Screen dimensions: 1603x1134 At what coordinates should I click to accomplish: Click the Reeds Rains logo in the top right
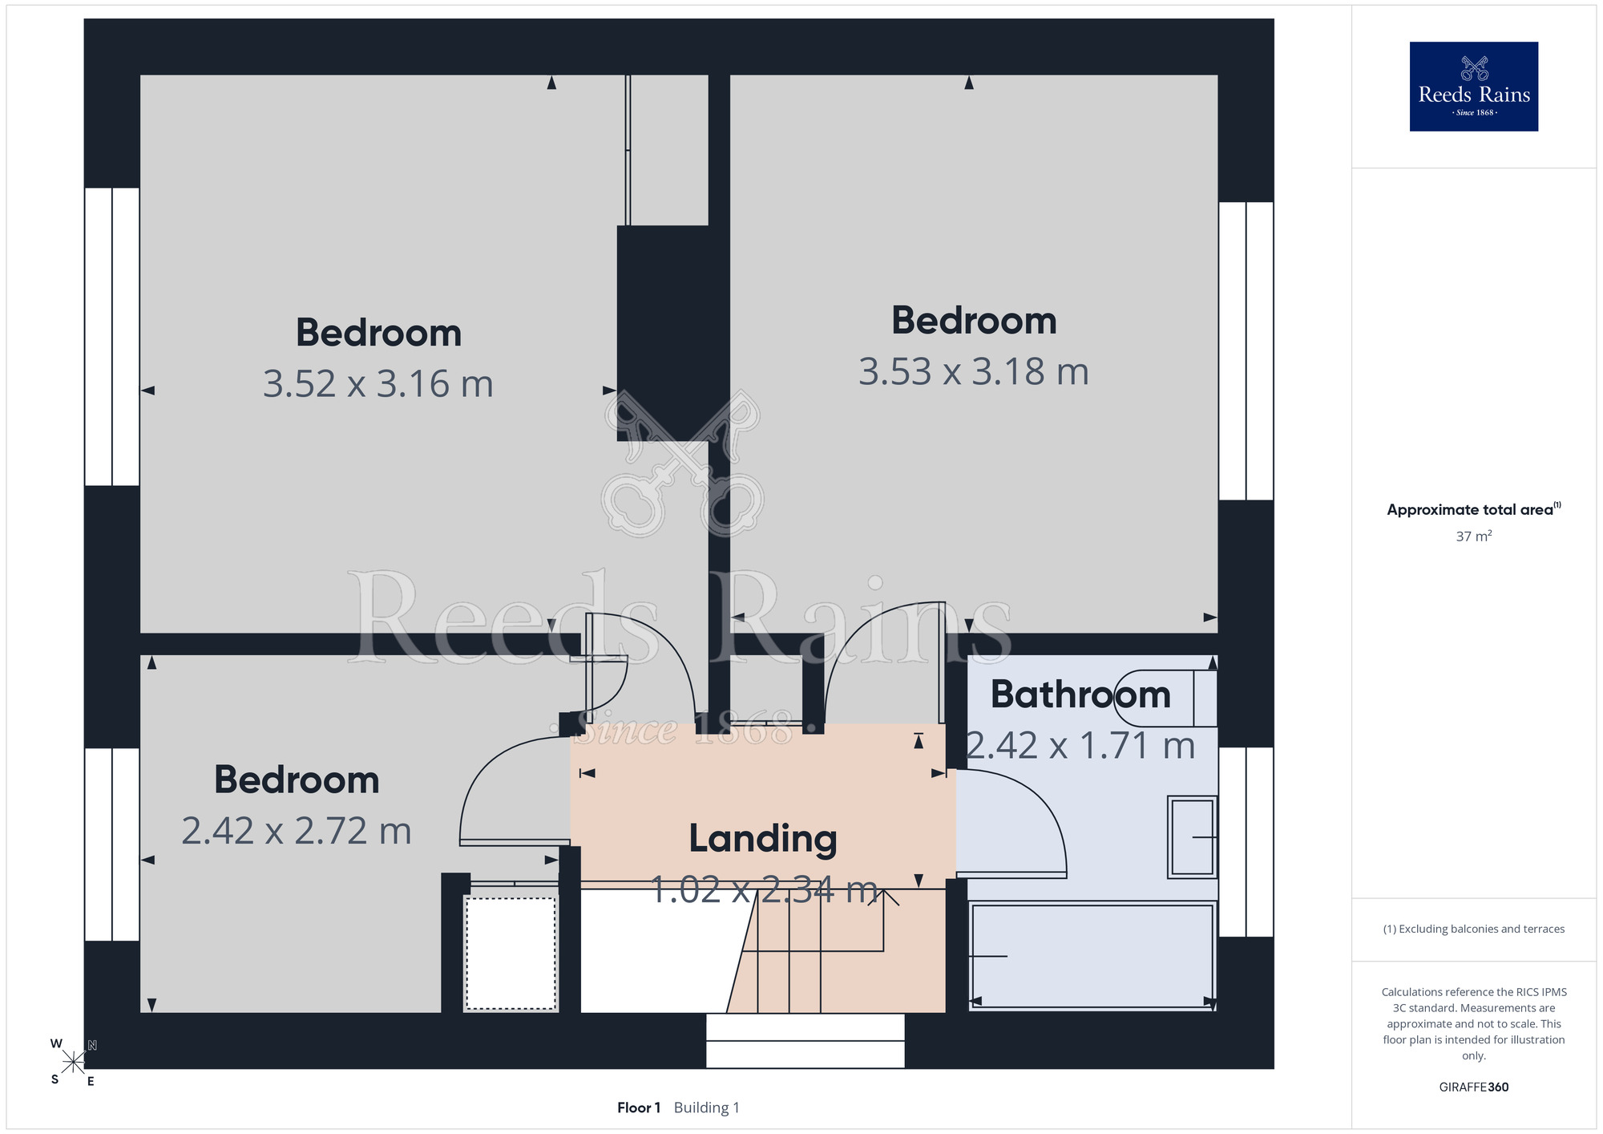(x=1473, y=87)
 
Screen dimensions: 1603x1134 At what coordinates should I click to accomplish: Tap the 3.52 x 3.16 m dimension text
(x=378, y=384)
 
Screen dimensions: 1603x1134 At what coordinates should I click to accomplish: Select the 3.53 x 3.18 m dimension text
(x=974, y=372)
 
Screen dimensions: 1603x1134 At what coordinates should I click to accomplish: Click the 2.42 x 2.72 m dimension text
(x=297, y=831)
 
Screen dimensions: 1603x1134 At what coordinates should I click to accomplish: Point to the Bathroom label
(x=1080, y=695)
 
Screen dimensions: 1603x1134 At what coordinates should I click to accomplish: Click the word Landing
(x=763, y=840)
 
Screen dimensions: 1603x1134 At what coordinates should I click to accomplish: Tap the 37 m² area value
(x=1474, y=537)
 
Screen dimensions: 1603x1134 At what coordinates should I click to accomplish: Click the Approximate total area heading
(x=1474, y=509)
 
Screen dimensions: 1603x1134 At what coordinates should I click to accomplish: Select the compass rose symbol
(x=74, y=1063)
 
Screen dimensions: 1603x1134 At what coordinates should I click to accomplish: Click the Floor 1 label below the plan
(x=639, y=1108)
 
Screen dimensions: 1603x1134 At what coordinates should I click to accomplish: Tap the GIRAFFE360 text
(x=1474, y=1087)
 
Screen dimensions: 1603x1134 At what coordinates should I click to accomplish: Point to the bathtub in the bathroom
(x=1092, y=955)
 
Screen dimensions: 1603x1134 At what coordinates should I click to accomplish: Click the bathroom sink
(x=1193, y=836)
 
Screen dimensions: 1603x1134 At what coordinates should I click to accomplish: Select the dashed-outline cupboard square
(x=511, y=953)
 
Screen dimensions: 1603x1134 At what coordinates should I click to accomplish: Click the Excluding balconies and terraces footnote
(x=1474, y=929)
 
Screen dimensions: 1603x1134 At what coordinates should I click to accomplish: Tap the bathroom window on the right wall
(x=1246, y=842)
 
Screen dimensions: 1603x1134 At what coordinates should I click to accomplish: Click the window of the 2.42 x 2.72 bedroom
(x=112, y=844)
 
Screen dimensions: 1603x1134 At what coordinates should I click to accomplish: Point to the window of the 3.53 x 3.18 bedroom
(x=1246, y=351)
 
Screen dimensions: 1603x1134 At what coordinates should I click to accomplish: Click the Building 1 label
(x=707, y=1108)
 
